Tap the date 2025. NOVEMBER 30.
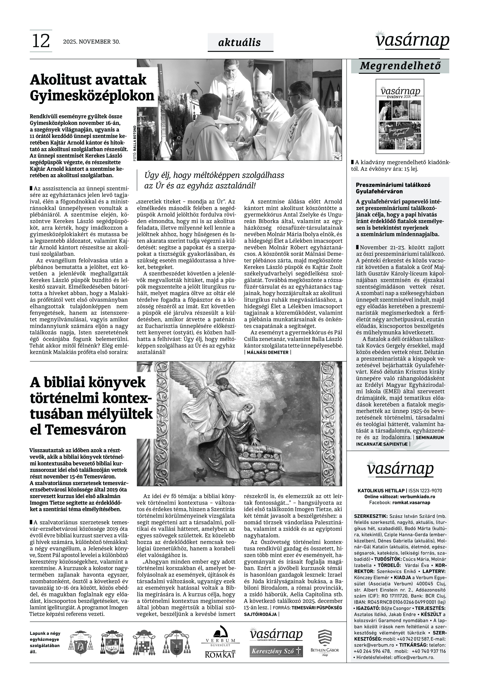click(92, 42)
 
